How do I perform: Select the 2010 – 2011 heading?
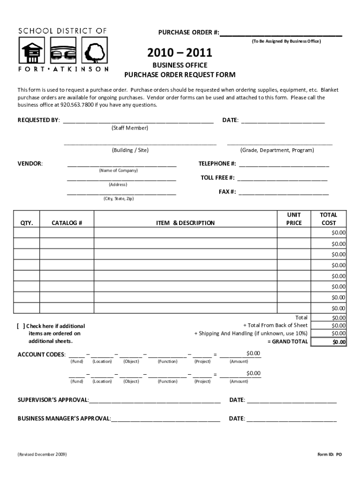[180, 53]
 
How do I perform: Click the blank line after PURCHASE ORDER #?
[281, 33]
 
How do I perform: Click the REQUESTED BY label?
[39, 120]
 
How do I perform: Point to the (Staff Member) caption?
[130, 128]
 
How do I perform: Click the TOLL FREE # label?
[217, 178]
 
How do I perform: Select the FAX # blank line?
[283, 192]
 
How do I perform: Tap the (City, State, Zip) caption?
[118, 199]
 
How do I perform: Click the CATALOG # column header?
[67, 223]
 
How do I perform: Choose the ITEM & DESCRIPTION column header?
[185, 223]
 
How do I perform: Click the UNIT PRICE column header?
[294, 218]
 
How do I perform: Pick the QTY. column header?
[27, 223]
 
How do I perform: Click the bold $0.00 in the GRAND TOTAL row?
[339, 342]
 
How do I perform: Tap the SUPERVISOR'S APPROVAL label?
[53, 400]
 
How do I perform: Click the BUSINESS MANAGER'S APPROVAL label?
[64, 419]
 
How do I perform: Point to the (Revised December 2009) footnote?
[42, 454]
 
